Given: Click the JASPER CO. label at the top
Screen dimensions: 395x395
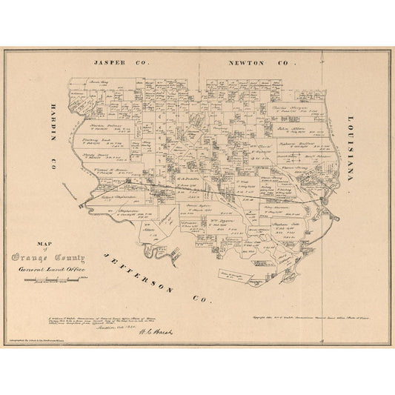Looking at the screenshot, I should pos(118,64).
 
